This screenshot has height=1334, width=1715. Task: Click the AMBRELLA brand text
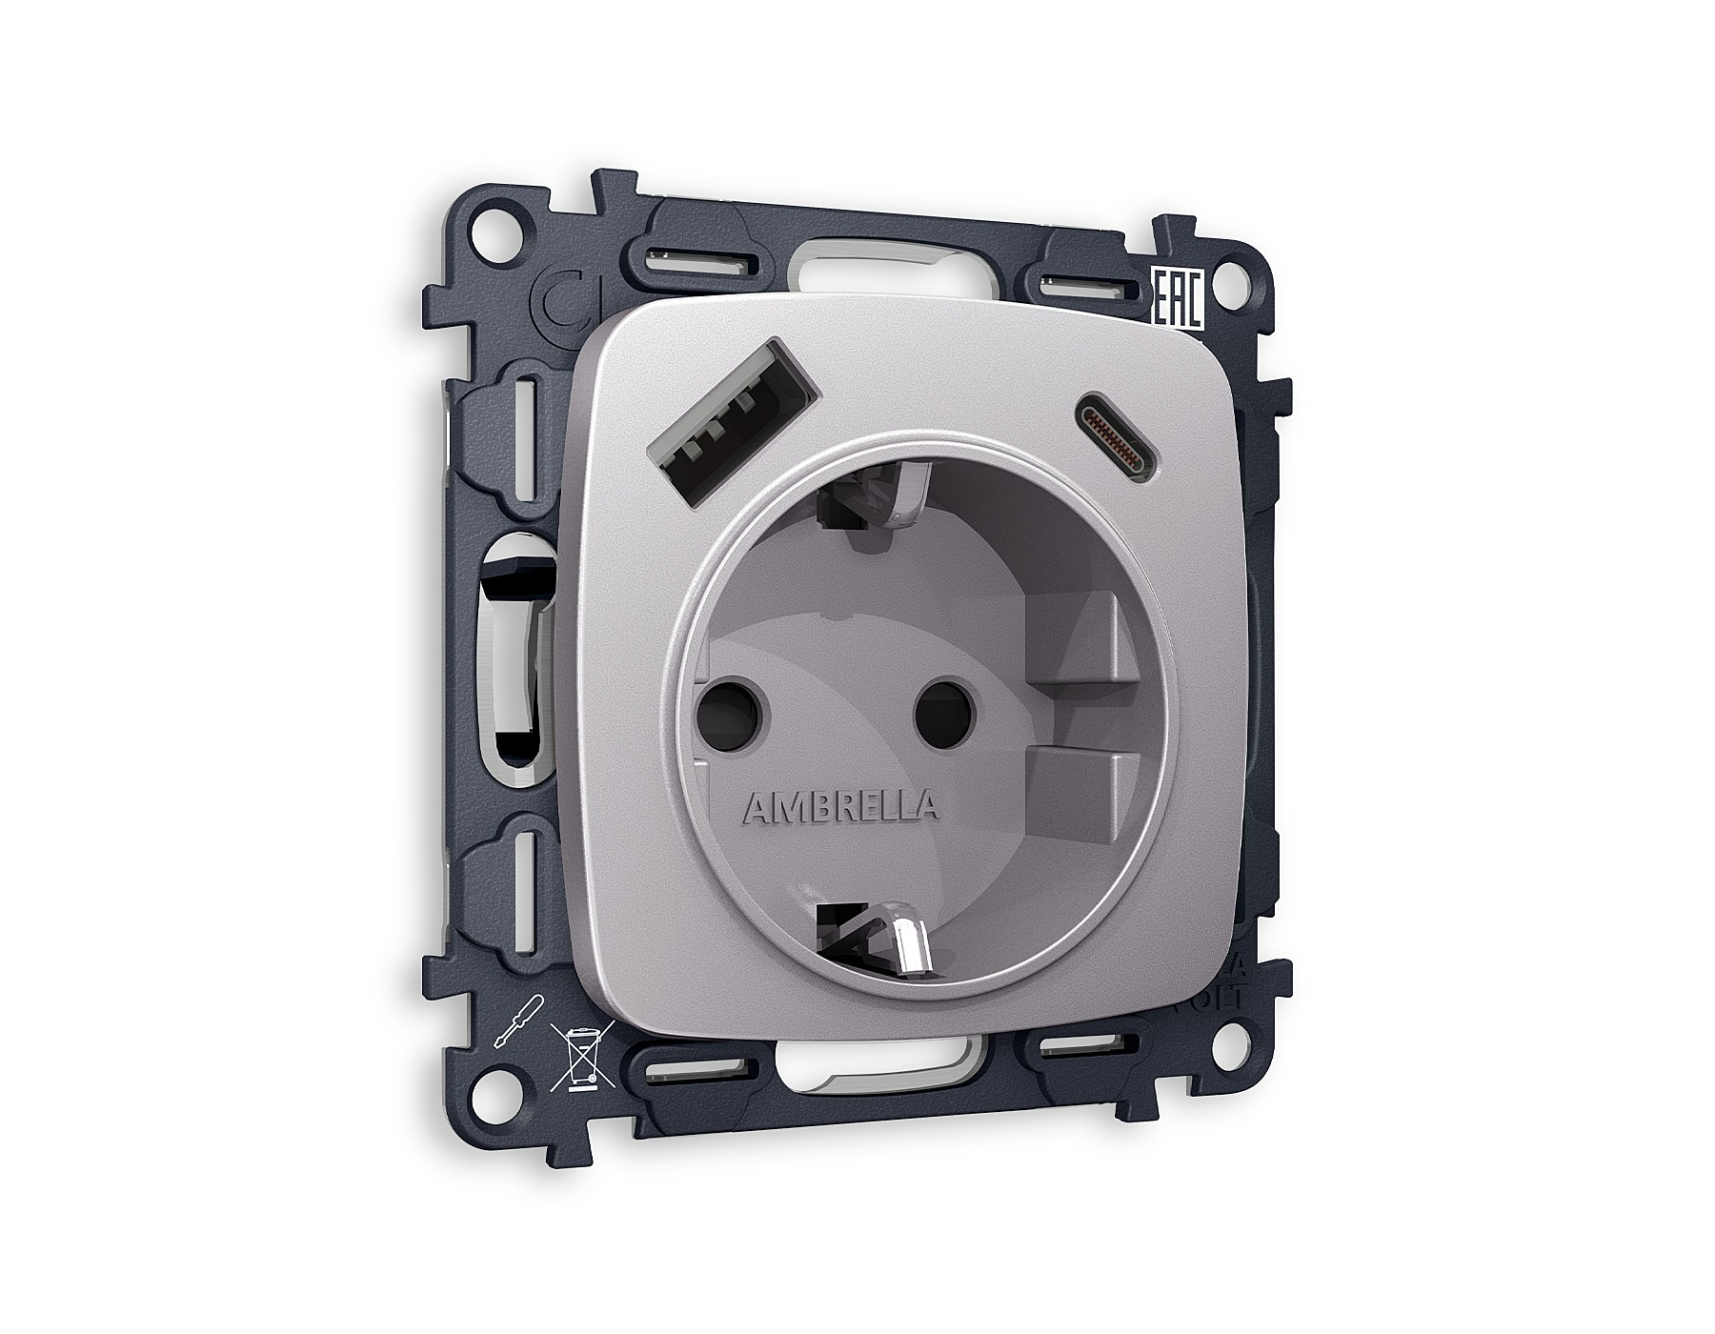[838, 808]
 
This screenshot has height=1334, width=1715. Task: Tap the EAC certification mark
[1179, 300]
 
